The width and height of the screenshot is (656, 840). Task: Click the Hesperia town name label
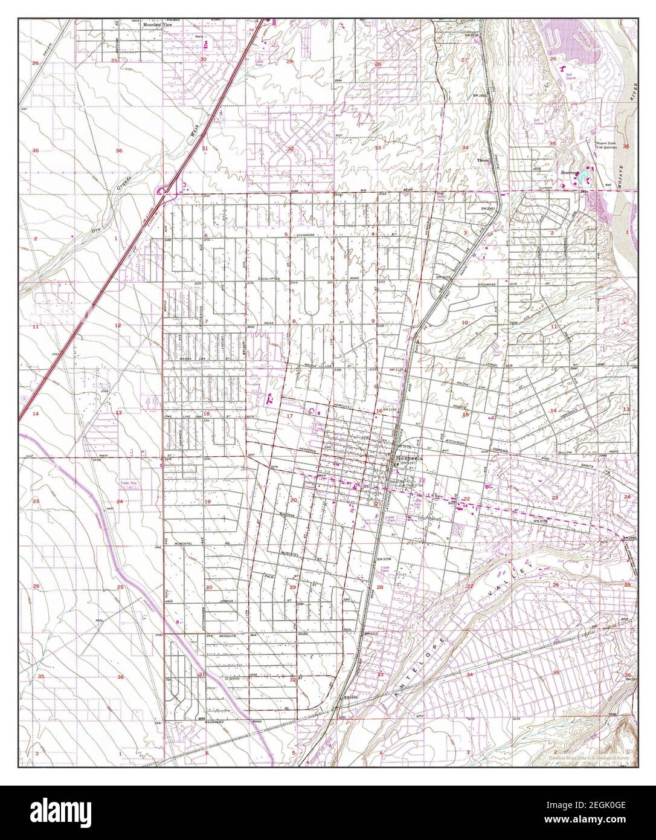click(x=410, y=459)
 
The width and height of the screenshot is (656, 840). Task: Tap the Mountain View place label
click(x=153, y=25)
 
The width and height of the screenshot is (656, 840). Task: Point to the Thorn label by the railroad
click(x=483, y=160)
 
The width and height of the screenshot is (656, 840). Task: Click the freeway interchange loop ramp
click(x=162, y=192)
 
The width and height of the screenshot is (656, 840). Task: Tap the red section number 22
click(x=466, y=499)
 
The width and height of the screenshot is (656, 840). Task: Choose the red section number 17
click(x=289, y=416)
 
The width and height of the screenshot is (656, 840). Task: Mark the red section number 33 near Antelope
click(x=380, y=674)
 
